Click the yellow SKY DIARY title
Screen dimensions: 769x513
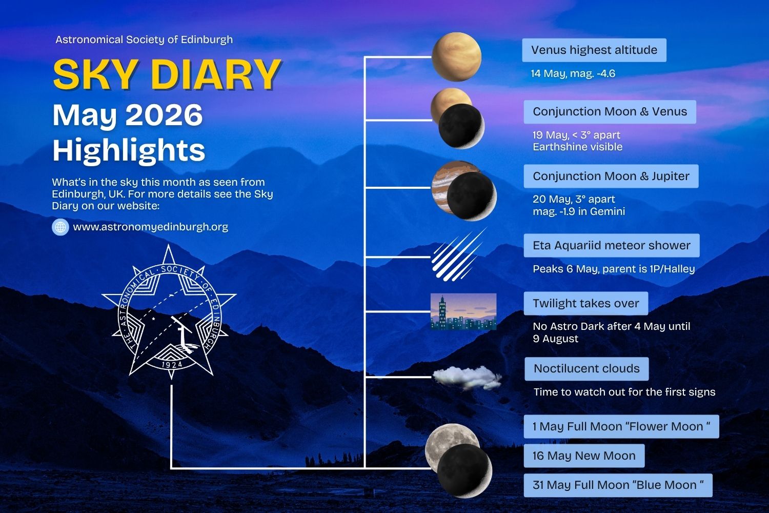tap(167, 74)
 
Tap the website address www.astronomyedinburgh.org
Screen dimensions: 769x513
tap(151, 227)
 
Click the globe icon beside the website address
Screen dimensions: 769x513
tap(60, 227)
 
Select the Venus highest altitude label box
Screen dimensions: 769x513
tap(594, 50)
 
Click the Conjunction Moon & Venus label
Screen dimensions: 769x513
tap(610, 112)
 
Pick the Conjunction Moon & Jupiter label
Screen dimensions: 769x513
tap(611, 176)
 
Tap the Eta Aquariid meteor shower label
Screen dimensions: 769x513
tap(612, 245)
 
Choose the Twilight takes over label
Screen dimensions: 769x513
tap(585, 303)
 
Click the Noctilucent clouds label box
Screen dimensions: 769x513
tap(586, 369)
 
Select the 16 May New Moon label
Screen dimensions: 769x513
tap(584, 456)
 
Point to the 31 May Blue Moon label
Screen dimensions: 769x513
tap(618, 485)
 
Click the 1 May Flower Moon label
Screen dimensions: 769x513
tap(621, 426)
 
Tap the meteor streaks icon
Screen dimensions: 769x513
tap(458, 255)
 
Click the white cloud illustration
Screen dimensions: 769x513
tap(467, 378)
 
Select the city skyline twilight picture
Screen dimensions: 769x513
tap(463, 312)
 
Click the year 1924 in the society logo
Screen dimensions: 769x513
tap(172, 365)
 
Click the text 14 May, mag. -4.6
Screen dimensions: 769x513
tap(573, 73)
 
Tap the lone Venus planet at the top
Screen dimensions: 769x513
tap(456, 57)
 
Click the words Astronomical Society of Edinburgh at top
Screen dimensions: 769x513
tap(144, 40)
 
